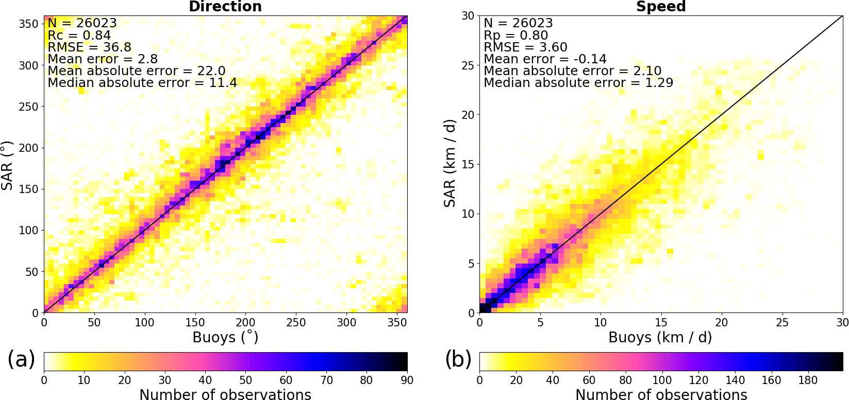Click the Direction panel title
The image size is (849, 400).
click(x=225, y=6)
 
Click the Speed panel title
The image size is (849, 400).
click(x=661, y=6)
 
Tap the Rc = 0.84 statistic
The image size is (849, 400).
click(x=79, y=36)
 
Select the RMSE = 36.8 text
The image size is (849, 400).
click(x=89, y=47)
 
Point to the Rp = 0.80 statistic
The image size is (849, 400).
click(x=515, y=36)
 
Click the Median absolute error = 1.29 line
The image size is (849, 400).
click(x=578, y=83)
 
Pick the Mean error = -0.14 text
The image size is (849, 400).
click(x=545, y=59)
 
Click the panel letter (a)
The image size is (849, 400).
click(x=21, y=359)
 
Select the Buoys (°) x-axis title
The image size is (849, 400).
click(x=225, y=338)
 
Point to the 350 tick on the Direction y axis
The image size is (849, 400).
click(x=29, y=24)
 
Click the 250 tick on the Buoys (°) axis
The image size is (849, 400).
click(x=296, y=323)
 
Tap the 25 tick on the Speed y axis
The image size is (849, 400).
click(x=468, y=65)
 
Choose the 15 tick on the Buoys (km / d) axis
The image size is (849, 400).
click(x=661, y=323)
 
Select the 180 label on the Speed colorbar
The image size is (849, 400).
click(x=808, y=380)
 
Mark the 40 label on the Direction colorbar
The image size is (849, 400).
click(x=205, y=380)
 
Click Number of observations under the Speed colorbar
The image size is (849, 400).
click(x=661, y=394)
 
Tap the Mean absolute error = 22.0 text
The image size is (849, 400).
click(x=137, y=71)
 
